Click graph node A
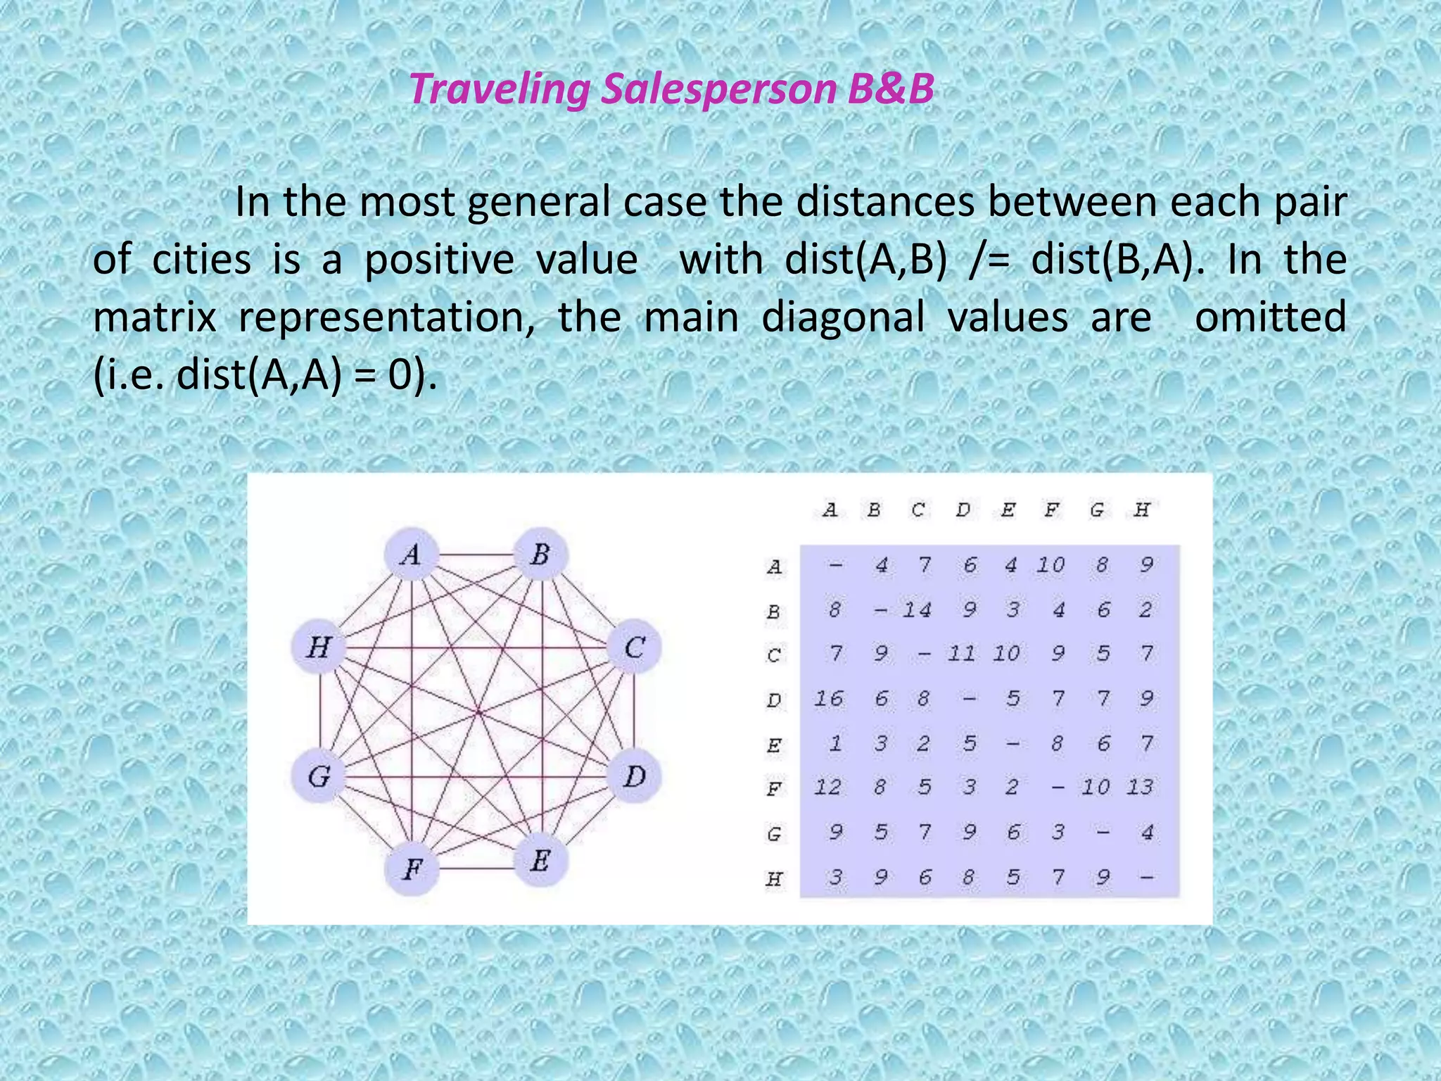pos(412,555)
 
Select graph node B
pos(540,555)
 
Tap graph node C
pos(634,647)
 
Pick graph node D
pos(634,776)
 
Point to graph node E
pos(540,860)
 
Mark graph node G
pos(319,776)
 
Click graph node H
pos(319,647)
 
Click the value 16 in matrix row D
pos(829,699)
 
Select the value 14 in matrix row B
pos(917,609)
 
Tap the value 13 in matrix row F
pos(1140,787)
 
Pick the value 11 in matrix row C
pos(961,654)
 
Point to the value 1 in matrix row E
pos(835,743)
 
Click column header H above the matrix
pos(1141,510)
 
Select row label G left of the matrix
pos(774,834)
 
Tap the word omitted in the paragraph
pos(1270,317)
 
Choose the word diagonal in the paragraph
pos(843,317)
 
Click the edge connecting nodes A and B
pos(476,555)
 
